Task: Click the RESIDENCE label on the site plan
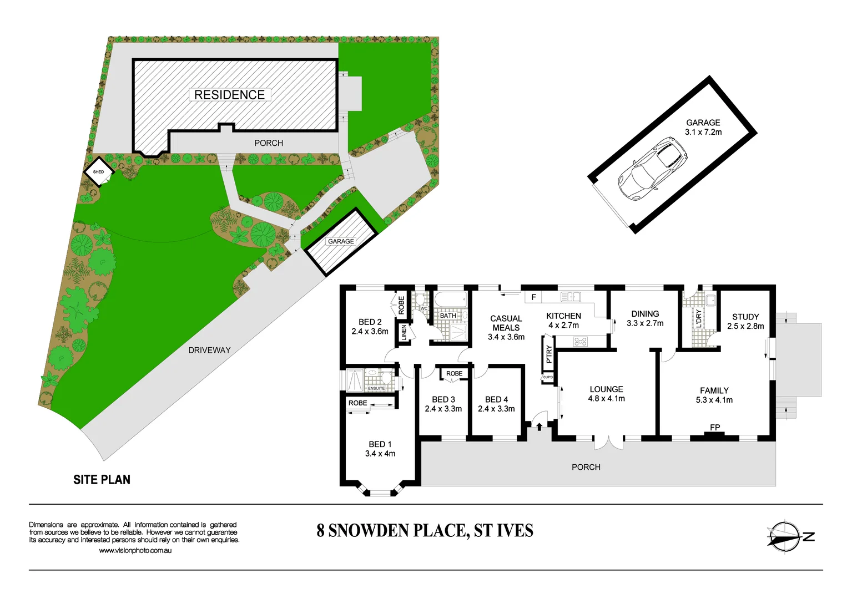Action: [230, 95]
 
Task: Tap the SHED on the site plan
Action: [98, 172]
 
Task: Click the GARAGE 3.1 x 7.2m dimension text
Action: [703, 132]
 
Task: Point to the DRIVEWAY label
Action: [209, 350]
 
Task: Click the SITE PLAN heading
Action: [102, 480]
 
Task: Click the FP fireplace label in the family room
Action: [715, 428]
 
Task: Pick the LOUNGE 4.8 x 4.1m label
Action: [606, 394]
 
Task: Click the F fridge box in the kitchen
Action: [533, 297]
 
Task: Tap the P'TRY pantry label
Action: [549, 354]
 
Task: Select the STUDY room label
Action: [745, 317]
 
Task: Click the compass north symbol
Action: [785, 536]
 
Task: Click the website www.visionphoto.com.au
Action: [135, 551]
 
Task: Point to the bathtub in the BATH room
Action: [450, 301]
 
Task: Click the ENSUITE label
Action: [376, 388]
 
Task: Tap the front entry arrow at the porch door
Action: [539, 425]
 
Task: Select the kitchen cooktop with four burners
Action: [580, 342]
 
